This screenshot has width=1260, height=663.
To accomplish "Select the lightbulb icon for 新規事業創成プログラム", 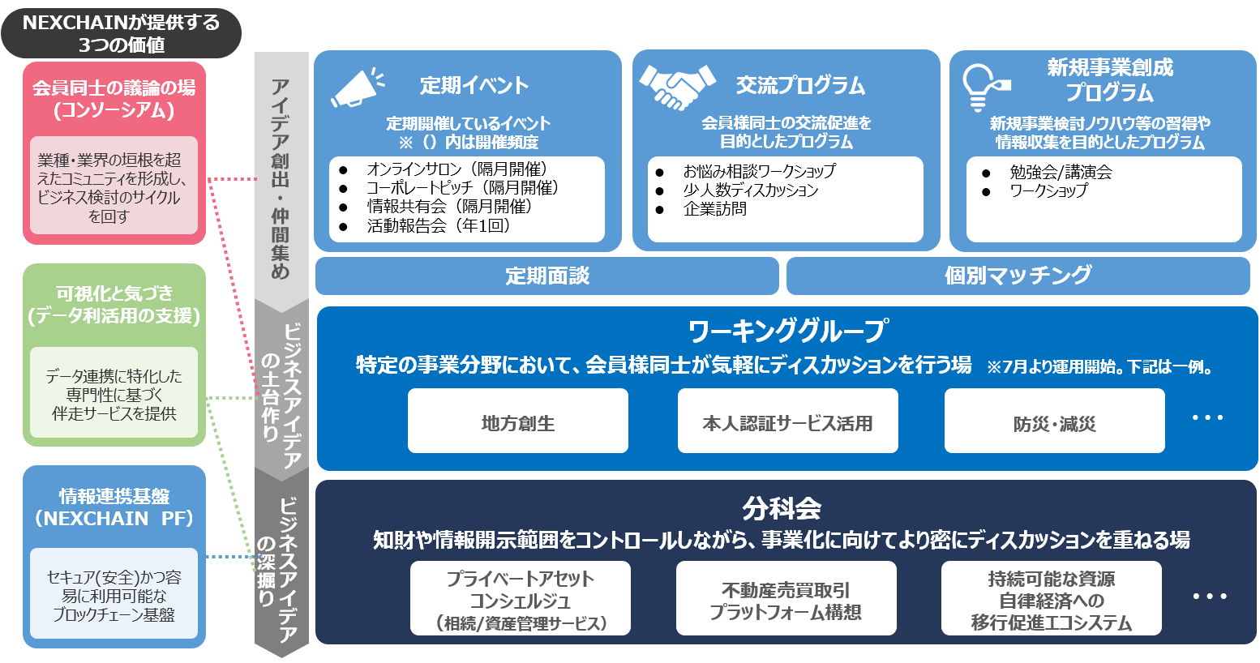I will tap(984, 87).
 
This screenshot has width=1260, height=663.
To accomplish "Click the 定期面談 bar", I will tap(546, 276).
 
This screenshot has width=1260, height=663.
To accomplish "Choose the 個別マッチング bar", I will tap(1018, 276).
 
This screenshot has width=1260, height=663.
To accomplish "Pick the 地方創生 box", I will tap(517, 421).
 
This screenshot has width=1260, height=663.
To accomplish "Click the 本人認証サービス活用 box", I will tap(787, 421).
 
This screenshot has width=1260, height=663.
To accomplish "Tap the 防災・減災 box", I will tap(1054, 421).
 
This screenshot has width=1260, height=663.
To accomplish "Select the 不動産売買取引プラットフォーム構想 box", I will tap(786, 600).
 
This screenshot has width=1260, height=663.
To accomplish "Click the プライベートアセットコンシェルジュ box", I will tap(520, 600).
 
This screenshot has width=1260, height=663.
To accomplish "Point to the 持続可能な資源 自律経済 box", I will tap(1051, 600).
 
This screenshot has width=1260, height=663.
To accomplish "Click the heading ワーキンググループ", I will tap(787, 331).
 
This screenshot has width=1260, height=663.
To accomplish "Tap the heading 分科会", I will tap(782, 508).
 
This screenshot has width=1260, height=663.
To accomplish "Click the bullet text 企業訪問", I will tap(714, 209).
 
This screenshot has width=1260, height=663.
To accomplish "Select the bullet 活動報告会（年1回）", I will tap(439, 226).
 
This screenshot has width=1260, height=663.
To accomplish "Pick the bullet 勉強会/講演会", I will tap(1061, 172).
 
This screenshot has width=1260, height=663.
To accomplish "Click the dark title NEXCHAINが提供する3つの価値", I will tap(121, 33).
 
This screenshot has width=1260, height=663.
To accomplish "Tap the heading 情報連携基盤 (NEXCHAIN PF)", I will tap(114, 507).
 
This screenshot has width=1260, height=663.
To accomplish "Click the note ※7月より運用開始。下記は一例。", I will tap(1100, 367).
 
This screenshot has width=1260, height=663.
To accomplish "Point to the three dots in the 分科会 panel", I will tap(1209, 597).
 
